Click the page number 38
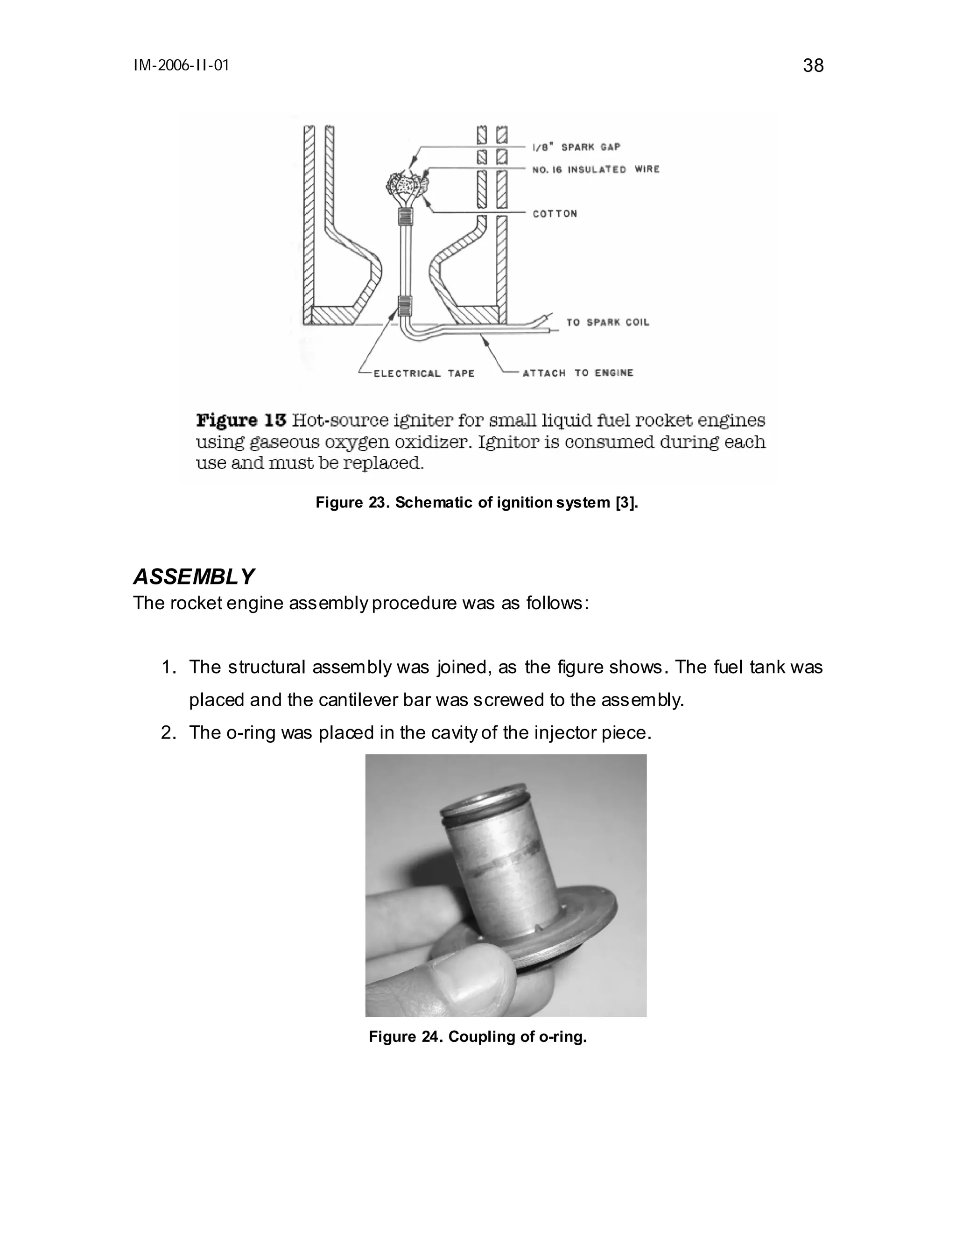[x=813, y=66]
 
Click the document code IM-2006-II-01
[x=181, y=66]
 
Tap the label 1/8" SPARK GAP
[x=576, y=147]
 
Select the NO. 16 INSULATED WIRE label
[x=596, y=169]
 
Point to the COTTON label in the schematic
[x=555, y=213]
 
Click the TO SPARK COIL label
[x=607, y=322]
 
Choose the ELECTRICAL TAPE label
[x=424, y=373]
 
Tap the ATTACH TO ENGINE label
[x=578, y=373]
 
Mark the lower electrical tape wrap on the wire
[x=404, y=306]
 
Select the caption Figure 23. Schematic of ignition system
[x=476, y=502]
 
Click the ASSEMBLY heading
[x=194, y=576]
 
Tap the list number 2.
[x=168, y=732]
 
